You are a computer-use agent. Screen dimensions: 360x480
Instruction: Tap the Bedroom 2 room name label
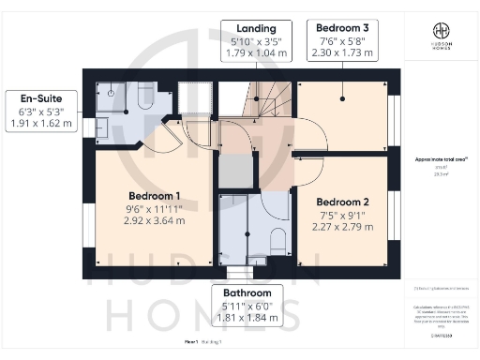[341, 202]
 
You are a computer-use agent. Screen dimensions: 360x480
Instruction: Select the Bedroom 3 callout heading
[342, 27]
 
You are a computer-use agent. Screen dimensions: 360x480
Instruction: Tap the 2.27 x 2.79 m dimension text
[341, 227]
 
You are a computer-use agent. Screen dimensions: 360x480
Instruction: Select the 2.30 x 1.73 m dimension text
[342, 53]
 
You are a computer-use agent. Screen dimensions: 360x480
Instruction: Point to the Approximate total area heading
[439, 159]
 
